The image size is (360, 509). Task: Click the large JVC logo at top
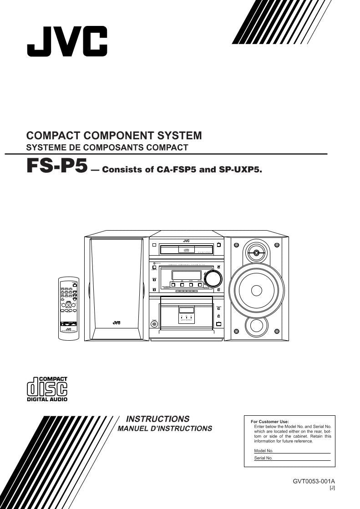coord(67,41)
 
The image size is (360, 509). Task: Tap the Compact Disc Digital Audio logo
coord(47,389)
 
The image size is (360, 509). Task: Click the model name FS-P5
coord(56,166)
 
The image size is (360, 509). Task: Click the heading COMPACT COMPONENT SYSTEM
coord(114,136)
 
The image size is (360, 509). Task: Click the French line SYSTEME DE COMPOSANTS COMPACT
coord(107,147)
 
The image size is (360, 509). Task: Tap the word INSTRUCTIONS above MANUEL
coord(157,419)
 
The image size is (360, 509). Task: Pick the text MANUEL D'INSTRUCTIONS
coord(165,428)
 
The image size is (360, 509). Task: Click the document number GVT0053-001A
coord(314,481)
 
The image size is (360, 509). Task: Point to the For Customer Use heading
coord(270,422)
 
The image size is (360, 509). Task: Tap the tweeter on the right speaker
coord(256,252)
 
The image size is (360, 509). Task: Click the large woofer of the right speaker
coord(256,290)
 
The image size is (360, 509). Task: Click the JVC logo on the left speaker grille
coord(116,323)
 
